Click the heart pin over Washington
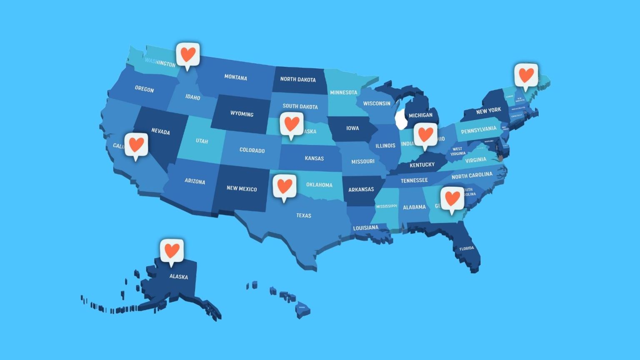point(187,55)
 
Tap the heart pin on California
point(136,145)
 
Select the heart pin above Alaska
point(172,251)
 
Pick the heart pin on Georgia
point(452,198)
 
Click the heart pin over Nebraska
point(291,124)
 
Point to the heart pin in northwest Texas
point(285,186)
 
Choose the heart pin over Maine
point(526,75)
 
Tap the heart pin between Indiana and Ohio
point(425,135)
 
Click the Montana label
point(235,77)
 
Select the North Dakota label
point(297,79)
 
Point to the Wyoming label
point(242,114)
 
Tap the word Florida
point(467,248)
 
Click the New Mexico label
point(242,189)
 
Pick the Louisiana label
point(365,228)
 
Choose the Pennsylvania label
point(478,130)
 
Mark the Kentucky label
point(422,165)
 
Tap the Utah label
point(202,141)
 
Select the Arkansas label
point(361,190)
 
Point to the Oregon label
point(144,89)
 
